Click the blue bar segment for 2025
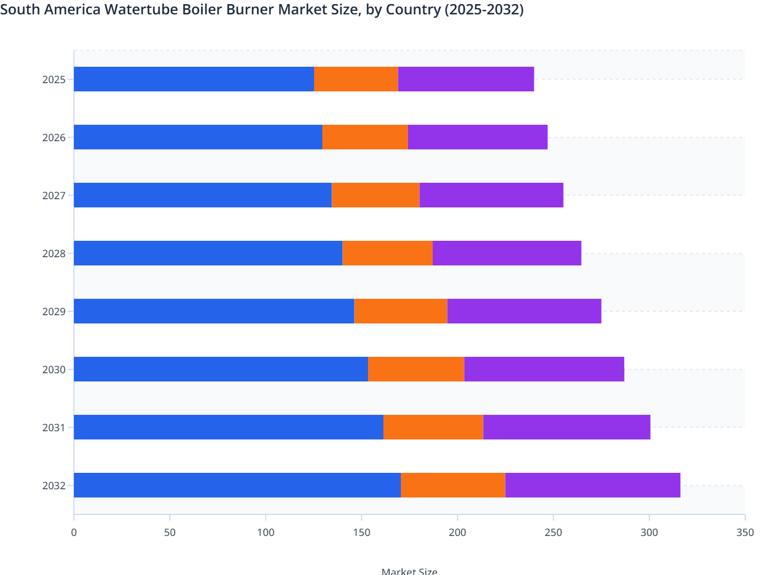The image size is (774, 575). pyautogui.click(x=194, y=79)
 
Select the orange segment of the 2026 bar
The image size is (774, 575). pyautogui.click(x=365, y=137)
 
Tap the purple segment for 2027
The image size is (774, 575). pyautogui.click(x=491, y=195)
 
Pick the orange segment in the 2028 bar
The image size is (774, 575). pyautogui.click(x=388, y=253)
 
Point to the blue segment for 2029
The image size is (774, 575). pyautogui.click(x=214, y=311)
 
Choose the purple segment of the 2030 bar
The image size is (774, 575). pyautogui.click(x=544, y=369)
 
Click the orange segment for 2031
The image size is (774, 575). pyautogui.click(x=433, y=427)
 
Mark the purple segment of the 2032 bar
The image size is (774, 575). pyautogui.click(x=593, y=485)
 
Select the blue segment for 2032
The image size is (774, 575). pyautogui.click(x=237, y=485)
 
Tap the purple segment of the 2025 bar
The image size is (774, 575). pyautogui.click(x=466, y=79)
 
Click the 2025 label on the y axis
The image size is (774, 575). pyautogui.click(x=54, y=80)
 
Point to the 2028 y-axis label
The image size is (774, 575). pyautogui.click(x=54, y=254)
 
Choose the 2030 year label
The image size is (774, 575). pyautogui.click(x=54, y=370)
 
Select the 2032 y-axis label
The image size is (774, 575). pyautogui.click(x=54, y=486)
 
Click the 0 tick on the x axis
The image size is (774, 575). pyautogui.click(x=74, y=532)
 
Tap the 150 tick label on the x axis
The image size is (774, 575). pyautogui.click(x=361, y=532)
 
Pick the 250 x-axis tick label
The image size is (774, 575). pyautogui.click(x=553, y=532)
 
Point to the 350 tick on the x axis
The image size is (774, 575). pyautogui.click(x=745, y=532)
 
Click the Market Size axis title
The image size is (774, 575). pyautogui.click(x=409, y=571)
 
